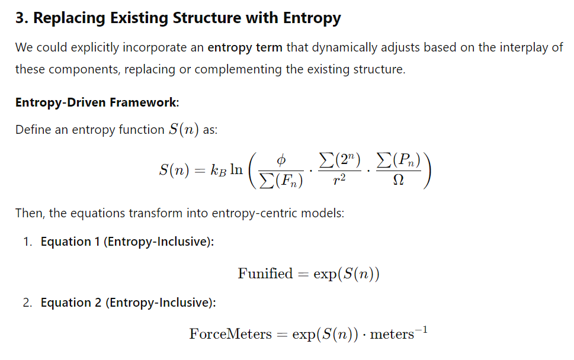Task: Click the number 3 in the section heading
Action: (x=20, y=18)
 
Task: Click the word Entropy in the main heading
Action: (x=312, y=18)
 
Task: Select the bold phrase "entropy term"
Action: (x=245, y=47)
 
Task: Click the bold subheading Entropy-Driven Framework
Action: (x=96, y=102)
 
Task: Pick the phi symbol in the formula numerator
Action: (x=281, y=160)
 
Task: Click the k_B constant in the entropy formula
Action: (x=219, y=170)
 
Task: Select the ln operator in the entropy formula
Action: (x=236, y=169)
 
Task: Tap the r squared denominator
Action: (x=339, y=179)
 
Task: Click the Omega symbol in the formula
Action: (x=398, y=179)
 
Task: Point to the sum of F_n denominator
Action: (x=281, y=181)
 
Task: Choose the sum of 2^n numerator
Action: (x=339, y=160)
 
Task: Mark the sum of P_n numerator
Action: (x=398, y=160)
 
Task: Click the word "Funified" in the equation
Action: (x=265, y=274)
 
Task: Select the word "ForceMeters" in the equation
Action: (x=230, y=334)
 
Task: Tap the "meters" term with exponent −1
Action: (x=399, y=333)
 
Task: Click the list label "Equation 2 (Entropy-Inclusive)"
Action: (x=128, y=303)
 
